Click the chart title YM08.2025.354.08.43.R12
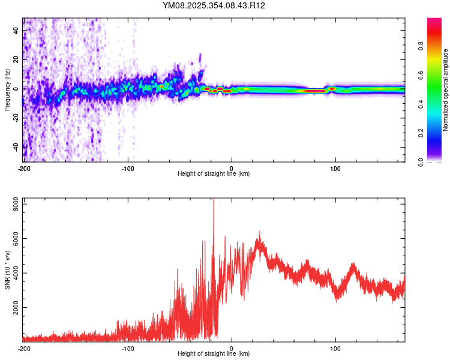pos(214,5)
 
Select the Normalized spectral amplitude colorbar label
pos(446,90)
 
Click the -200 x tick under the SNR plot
pos(24,348)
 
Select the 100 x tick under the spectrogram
pos(336,168)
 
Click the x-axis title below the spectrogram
pos(214,174)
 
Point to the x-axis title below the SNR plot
pos(214,354)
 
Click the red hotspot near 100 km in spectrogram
pos(332,89)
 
